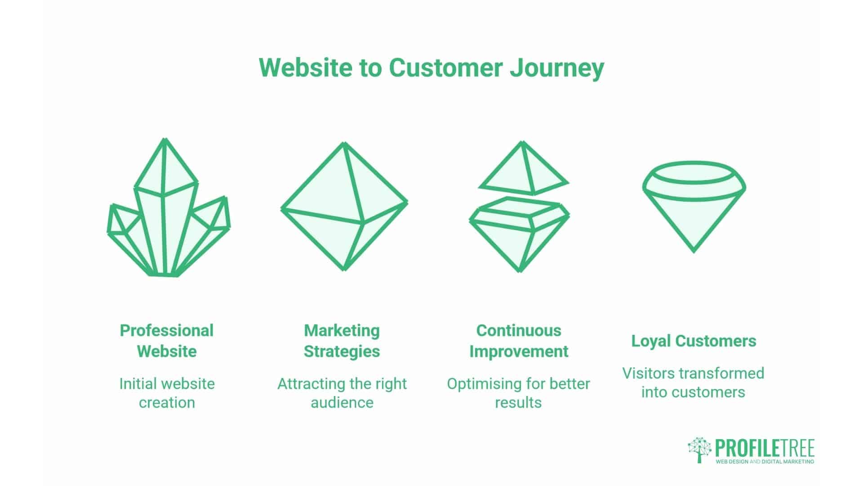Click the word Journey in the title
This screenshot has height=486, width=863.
[557, 68]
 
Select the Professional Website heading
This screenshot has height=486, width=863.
[167, 341]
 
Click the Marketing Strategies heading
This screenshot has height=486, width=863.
[342, 341]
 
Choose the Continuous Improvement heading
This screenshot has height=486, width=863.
[519, 341]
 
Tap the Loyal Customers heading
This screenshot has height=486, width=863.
[694, 341]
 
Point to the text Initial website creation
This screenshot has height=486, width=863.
[167, 393]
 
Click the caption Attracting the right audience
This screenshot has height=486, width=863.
[342, 393]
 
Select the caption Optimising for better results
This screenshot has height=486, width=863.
[518, 393]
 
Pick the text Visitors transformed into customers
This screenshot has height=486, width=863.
[693, 382]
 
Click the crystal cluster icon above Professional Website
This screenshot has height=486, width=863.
[169, 207]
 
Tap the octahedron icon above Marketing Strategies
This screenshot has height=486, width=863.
[344, 207]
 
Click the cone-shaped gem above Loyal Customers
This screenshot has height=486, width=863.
[694, 207]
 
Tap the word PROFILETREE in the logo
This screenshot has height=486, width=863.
[765, 448]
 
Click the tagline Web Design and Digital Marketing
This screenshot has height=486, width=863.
[765, 462]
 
